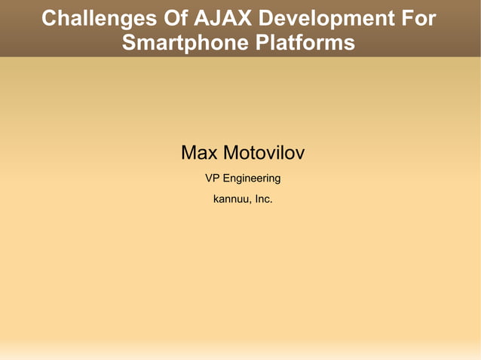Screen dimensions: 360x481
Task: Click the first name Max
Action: click(199, 154)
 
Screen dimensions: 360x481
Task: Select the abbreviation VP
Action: click(213, 178)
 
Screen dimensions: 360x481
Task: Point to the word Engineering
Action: click(253, 179)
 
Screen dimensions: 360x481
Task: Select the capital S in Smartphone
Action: click(129, 43)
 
